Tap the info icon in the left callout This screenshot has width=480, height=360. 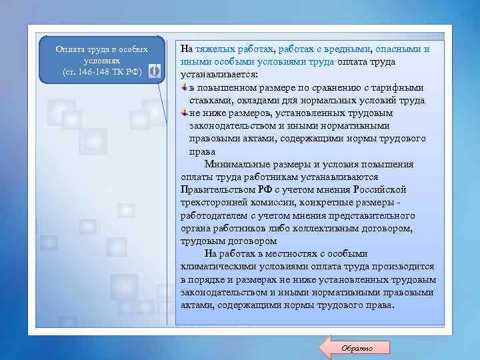153,71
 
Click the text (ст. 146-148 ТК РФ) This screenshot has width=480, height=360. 101,71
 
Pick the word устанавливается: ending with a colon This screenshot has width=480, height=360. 222,75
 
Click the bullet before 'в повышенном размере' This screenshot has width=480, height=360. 184,87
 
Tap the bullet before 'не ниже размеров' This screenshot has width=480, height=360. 184,113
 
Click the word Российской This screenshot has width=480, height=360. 377,189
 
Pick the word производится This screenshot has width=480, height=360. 404,267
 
